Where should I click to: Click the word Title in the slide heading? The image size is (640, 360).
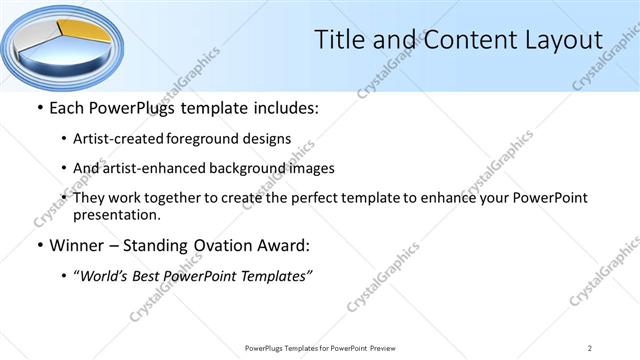pyautogui.click(x=340, y=40)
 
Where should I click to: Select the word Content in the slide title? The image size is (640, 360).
pyautogui.click(x=459, y=40)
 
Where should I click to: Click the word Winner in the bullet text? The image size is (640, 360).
pyautogui.click(x=75, y=245)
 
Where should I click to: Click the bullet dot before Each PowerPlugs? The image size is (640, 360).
pyautogui.click(x=39, y=107)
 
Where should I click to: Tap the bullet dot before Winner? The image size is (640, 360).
pyautogui.click(x=39, y=245)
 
